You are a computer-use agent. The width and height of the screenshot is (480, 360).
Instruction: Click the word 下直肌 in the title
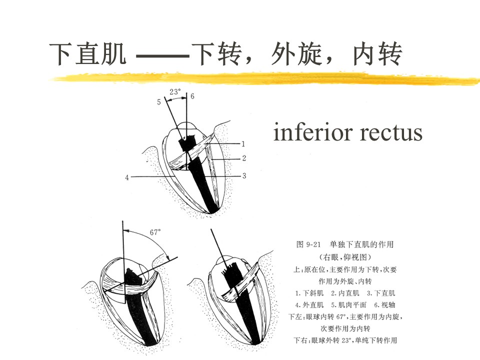[x=87, y=54]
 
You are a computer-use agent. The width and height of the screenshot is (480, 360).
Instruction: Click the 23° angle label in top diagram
[x=175, y=92]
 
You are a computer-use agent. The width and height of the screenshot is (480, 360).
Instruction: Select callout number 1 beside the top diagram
[x=243, y=143]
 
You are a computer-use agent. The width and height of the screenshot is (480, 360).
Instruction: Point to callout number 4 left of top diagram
[x=127, y=177]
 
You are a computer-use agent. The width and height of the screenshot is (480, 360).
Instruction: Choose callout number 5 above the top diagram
[x=159, y=102]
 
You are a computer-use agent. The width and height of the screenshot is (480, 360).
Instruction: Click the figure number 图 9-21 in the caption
[x=308, y=244]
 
